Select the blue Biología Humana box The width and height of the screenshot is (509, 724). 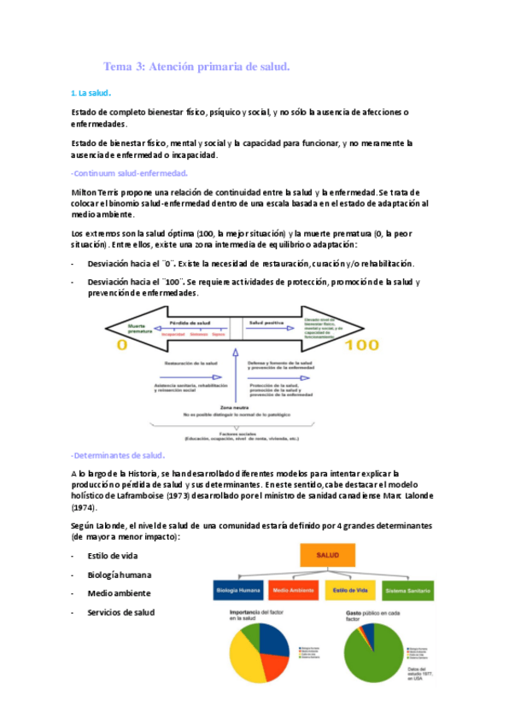click(x=237, y=590)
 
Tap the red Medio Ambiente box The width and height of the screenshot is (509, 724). click(x=292, y=590)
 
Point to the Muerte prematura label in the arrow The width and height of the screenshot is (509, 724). click(x=141, y=327)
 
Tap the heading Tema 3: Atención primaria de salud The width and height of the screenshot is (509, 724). click(x=196, y=66)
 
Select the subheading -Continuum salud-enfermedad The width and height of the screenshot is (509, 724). click(x=129, y=173)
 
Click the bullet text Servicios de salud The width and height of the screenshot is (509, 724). click(x=120, y=612)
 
